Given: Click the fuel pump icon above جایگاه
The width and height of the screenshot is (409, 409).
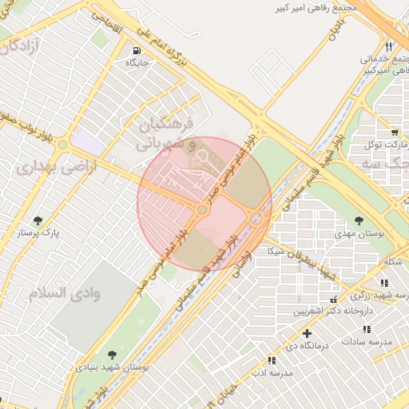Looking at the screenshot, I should pos(133,50).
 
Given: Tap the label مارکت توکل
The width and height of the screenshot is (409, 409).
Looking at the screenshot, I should pos(383,145).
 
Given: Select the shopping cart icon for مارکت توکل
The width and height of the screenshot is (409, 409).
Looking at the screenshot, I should pos(394,133).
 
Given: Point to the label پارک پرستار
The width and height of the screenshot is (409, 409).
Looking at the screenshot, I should pos(39,233).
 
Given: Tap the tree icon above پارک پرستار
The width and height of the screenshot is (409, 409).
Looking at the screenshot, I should pos(37,220).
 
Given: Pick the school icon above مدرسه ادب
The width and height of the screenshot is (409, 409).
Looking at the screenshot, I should pos(272,360).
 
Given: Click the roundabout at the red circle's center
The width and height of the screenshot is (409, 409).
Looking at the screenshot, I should pos(203,210).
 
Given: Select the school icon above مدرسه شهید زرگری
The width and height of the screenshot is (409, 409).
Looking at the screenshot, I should pos(384,282).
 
